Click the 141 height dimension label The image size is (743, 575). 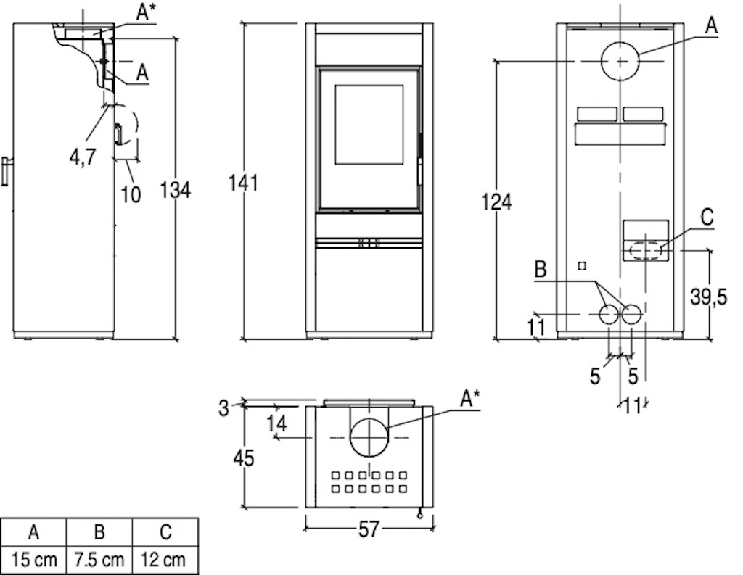(244, 183)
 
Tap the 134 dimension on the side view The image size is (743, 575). (175, 190)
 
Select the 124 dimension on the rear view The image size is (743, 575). (496, 202)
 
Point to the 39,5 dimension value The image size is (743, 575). (708, 297)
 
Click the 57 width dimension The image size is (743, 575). (369, 529)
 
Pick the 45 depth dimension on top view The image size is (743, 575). (244, 458)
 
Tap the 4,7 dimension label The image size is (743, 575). (83, 157)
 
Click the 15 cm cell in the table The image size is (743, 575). (33, 560)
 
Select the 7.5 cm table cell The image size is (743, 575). (99, 560)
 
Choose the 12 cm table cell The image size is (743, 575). (165, 560)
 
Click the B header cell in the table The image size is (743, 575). (99, 532)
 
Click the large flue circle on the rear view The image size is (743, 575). (620, 61)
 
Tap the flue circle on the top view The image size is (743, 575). (369, 437)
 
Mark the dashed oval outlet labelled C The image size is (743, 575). (646, 250)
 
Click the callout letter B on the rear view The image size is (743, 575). (540, 270)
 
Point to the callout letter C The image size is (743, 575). (707, 218)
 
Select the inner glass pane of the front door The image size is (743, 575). (369, 125)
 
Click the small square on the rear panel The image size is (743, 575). (583, 266)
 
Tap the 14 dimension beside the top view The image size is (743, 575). (276, 423)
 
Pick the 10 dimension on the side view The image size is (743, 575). (131, 194)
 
